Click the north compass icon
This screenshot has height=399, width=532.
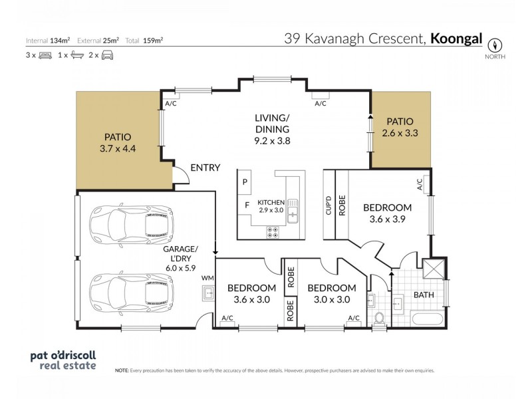click(x=495, y=45)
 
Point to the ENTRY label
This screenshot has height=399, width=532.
click(x=205, y=168)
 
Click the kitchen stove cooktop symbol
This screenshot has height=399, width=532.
click(x=273, y=231)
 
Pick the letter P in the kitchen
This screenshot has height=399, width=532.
click(x=245, y=182)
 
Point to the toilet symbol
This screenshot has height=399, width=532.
click(x=380, y=318)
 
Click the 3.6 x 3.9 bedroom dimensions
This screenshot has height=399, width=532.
click(x=387, y=218)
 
